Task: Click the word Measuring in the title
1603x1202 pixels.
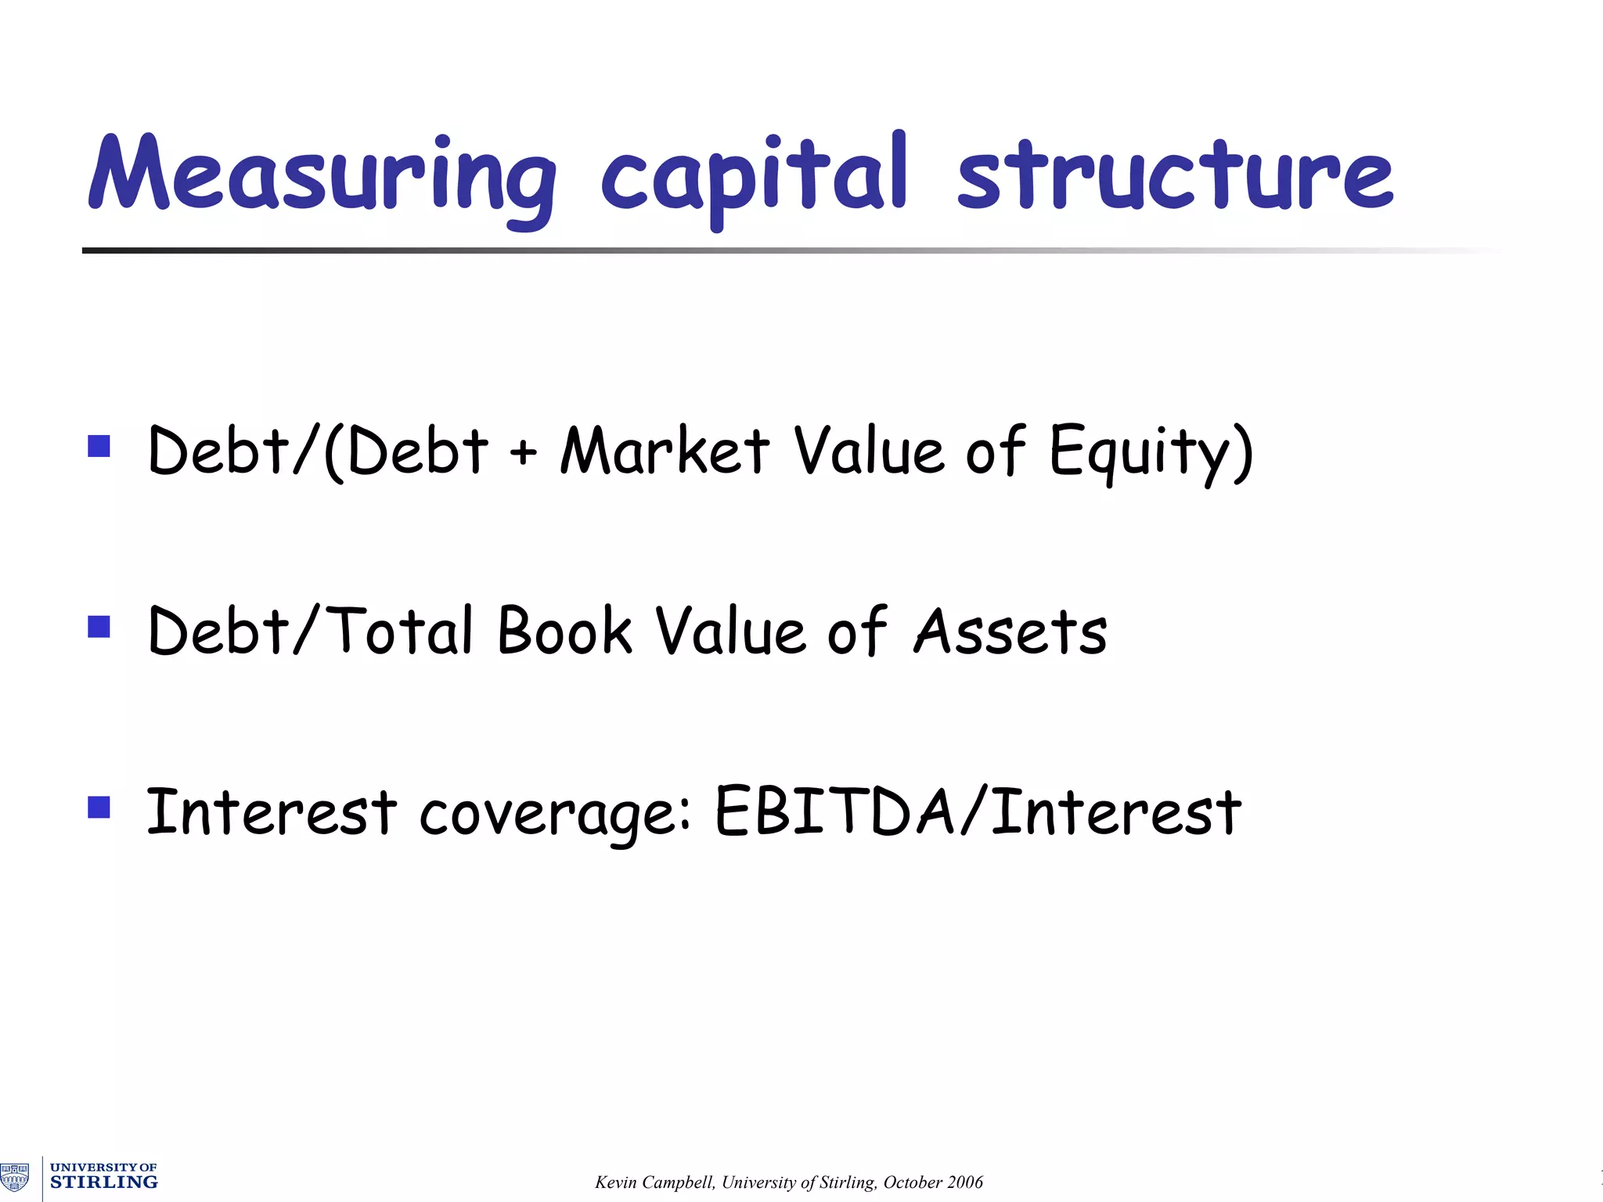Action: (x=321, y=175)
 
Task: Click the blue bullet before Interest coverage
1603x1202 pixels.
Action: (x=99, y=807)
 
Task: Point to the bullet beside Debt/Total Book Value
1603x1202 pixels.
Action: (x=99, y=627)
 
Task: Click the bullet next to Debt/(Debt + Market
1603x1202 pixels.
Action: (x=99, y=446)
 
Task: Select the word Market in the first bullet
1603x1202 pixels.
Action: (x=665, y=452)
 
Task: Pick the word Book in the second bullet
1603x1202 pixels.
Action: (x=564, y=632)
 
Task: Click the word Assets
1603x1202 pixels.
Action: (x=1010, y=632)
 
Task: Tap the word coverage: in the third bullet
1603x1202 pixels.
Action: (x=554, y=814)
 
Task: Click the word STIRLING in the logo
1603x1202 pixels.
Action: (x=103, y=1182)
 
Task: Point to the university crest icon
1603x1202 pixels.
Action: (x=15, y=1177)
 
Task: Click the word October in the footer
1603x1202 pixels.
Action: (x=912, y=1182)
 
